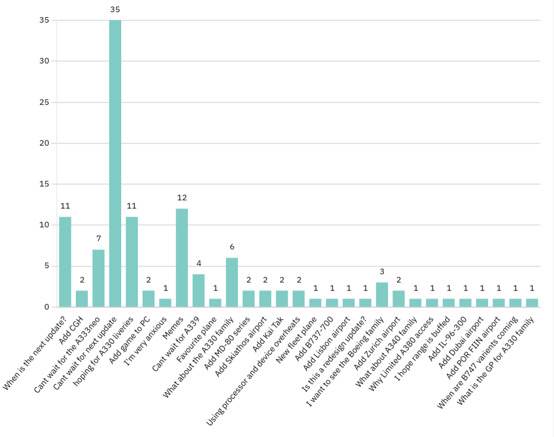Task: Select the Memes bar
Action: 182,257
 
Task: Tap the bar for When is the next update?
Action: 65,262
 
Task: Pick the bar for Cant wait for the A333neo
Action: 99,278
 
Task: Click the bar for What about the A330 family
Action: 232,282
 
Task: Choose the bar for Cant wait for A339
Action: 198,291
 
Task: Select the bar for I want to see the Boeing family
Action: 382,294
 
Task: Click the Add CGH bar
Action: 82,299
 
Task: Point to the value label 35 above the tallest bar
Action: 115,10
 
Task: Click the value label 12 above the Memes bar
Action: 182,198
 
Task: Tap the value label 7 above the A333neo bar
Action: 99,239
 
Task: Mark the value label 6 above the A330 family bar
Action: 232,247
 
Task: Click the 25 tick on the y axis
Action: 44,102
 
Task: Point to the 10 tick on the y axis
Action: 44,225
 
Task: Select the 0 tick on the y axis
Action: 46,307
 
